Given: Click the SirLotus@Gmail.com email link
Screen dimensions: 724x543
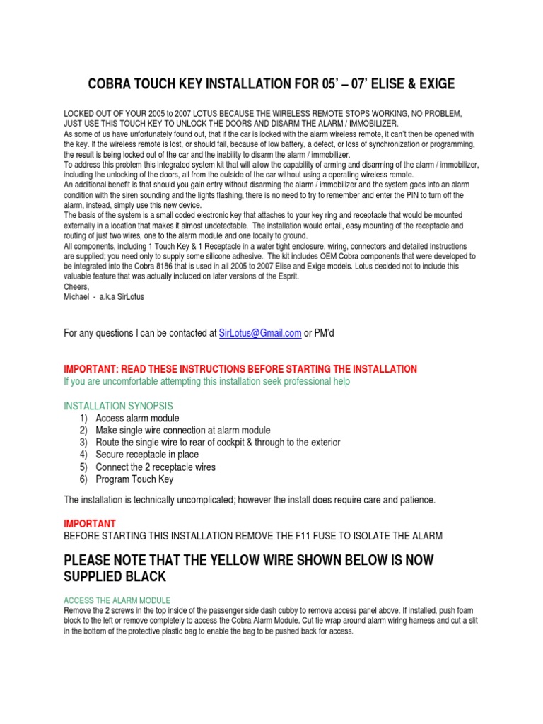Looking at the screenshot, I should coord(260,333).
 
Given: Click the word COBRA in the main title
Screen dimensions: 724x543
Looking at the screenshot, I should coord(111,85).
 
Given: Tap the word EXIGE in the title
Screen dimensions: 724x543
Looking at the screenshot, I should coord(435,85).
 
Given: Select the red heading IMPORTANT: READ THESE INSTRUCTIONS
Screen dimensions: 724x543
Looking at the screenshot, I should coord(240,369).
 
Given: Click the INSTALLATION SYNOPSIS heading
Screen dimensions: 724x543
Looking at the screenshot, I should coord(118,406).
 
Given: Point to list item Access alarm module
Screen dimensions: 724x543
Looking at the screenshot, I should coord(137,418).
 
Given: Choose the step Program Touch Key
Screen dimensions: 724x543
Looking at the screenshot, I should coord(134,479).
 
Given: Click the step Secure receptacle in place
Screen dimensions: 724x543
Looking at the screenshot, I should coord(147,455).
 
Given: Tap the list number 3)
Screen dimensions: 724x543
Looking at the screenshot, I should coord(83,443).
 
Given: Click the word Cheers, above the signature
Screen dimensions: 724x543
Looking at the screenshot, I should coord(77,287).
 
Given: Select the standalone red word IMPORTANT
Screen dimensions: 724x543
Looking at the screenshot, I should coord(90,524).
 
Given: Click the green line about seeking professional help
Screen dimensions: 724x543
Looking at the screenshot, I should coord(206,382).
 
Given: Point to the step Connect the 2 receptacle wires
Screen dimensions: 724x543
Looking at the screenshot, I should coord(156,467).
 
